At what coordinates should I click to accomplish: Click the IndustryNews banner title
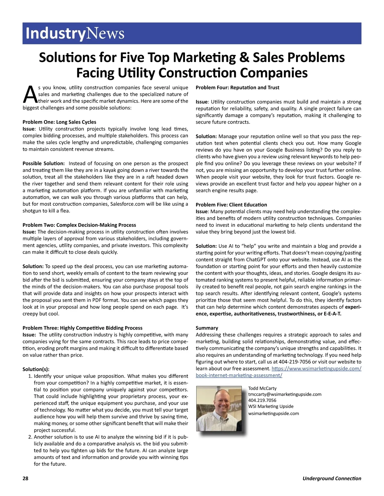[x=75, y=33]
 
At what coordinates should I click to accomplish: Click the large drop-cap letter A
[x=30, y=94]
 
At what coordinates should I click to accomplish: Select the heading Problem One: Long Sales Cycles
[x=59, y=122]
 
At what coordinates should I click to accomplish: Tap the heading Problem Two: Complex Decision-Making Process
[x=79, y=225]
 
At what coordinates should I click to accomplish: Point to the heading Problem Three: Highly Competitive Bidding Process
[x=82, y=328]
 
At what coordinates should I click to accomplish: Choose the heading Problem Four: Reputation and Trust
[x=237, y=88]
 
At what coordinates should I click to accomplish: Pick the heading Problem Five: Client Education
[x=231, y=204]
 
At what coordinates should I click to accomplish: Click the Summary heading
[x=207, y=328]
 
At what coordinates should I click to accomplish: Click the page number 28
[x=26, y=478]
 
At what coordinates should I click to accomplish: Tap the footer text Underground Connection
[x=332, y=478]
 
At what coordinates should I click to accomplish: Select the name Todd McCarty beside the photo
[x=262, y=388]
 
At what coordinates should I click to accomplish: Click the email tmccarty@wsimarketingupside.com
[x=284, y=394]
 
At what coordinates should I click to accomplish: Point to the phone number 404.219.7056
[x=262, y=401]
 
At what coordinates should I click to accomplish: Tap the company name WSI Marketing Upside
[x=271, y=407]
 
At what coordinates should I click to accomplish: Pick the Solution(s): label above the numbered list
[x=36, y=369]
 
